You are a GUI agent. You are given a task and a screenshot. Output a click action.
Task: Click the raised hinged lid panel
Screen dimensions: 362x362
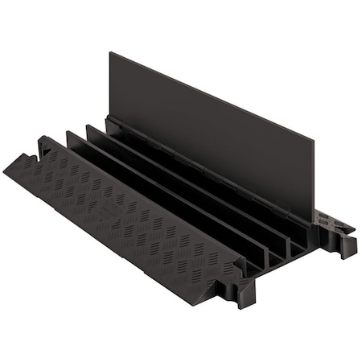[x=209, y=129]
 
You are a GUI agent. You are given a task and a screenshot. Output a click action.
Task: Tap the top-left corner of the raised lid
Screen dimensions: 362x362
[x=111, y=55]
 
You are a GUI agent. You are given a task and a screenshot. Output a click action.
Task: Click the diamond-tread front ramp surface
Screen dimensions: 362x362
[x=121, y=201]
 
